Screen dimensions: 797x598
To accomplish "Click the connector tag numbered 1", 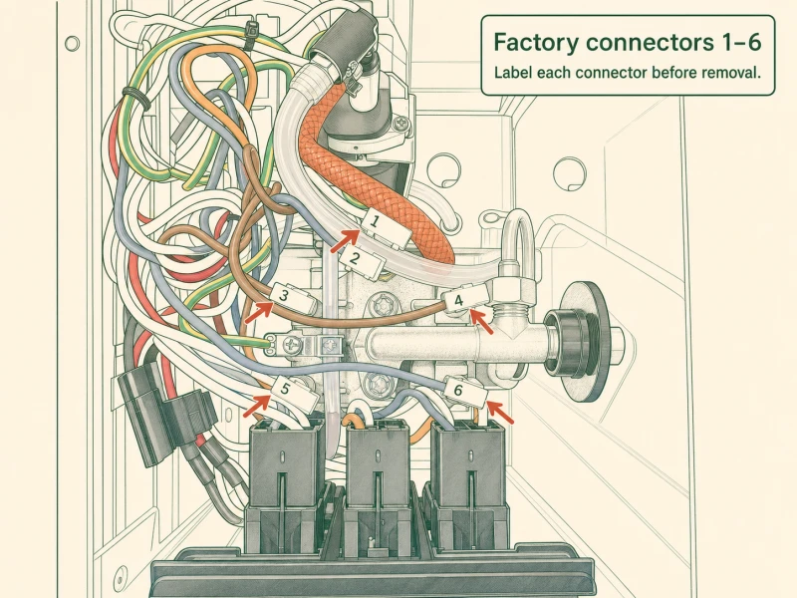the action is [x=375, y=221].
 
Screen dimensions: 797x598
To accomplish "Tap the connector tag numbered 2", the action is [x=355, y=259].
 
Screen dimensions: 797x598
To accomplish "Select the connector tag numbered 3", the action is [x=284, y=295].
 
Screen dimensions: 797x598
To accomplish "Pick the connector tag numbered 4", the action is [x=458, y=301].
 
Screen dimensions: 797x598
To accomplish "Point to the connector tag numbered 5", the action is [x=285, y=390].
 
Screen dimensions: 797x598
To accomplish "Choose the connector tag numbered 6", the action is [x=458, y=391].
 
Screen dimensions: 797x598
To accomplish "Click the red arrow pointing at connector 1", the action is [x=346, y=241].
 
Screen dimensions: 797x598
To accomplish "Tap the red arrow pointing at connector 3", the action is [x=260, y=313].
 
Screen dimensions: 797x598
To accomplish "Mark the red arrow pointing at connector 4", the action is [x=481, y=322].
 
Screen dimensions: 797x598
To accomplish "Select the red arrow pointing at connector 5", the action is [x=257, y=407].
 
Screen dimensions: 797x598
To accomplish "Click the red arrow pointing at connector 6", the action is [x=500, y=413].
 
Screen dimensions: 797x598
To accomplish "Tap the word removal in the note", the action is [x=731, y=73].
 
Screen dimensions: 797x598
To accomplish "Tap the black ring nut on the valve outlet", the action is [x=562, y=337].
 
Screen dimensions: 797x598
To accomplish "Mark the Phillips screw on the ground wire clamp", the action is [x=294, y=346].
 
